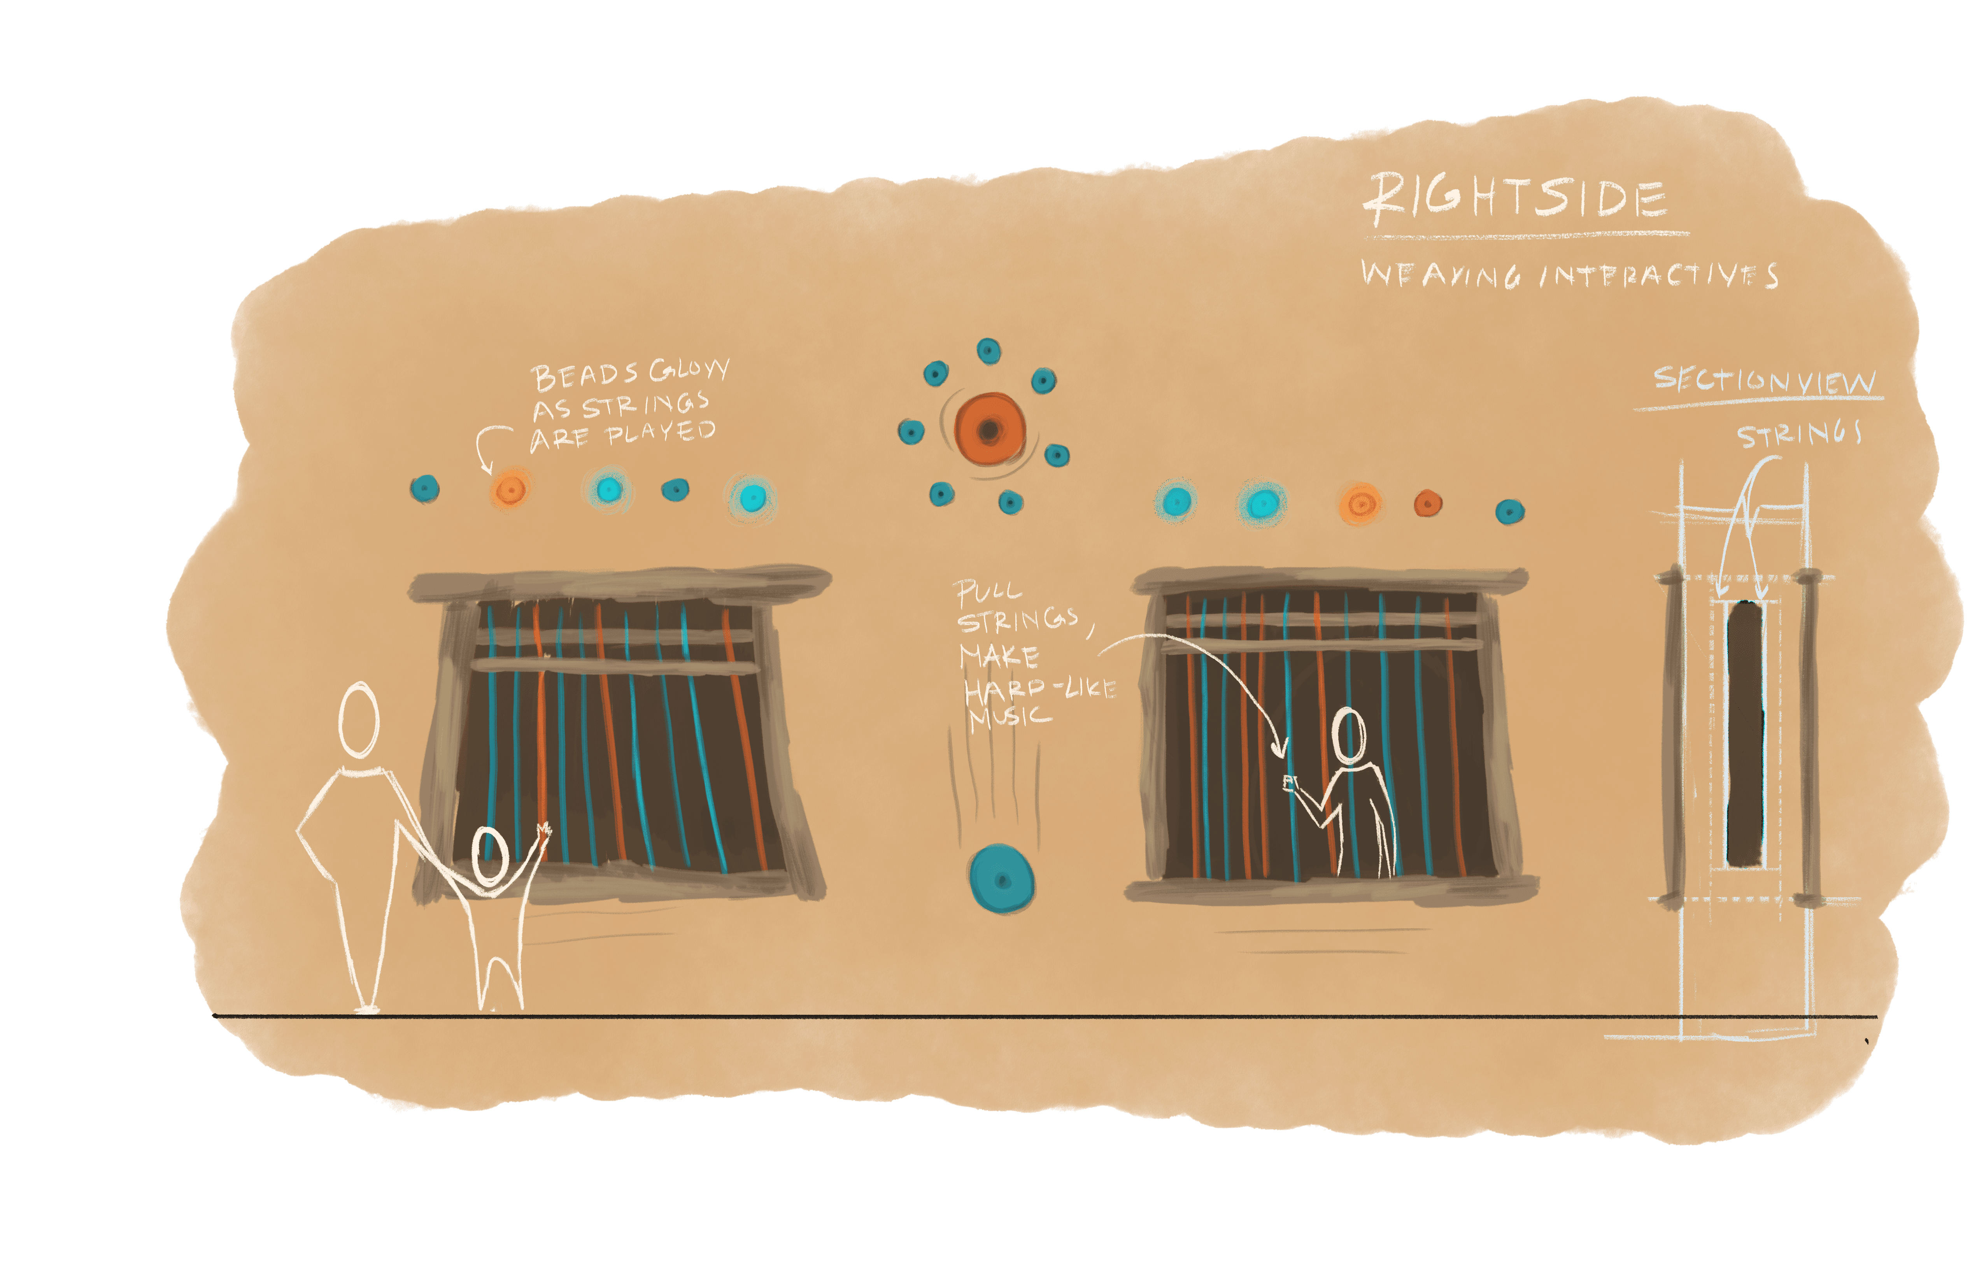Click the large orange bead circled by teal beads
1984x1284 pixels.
click(990, 430)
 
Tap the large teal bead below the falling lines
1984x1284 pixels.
click(1001, 880)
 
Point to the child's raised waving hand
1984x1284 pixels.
click(543, 832)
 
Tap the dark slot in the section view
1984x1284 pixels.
click(1745, 734)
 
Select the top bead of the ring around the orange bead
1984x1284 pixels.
click(988, 351)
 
